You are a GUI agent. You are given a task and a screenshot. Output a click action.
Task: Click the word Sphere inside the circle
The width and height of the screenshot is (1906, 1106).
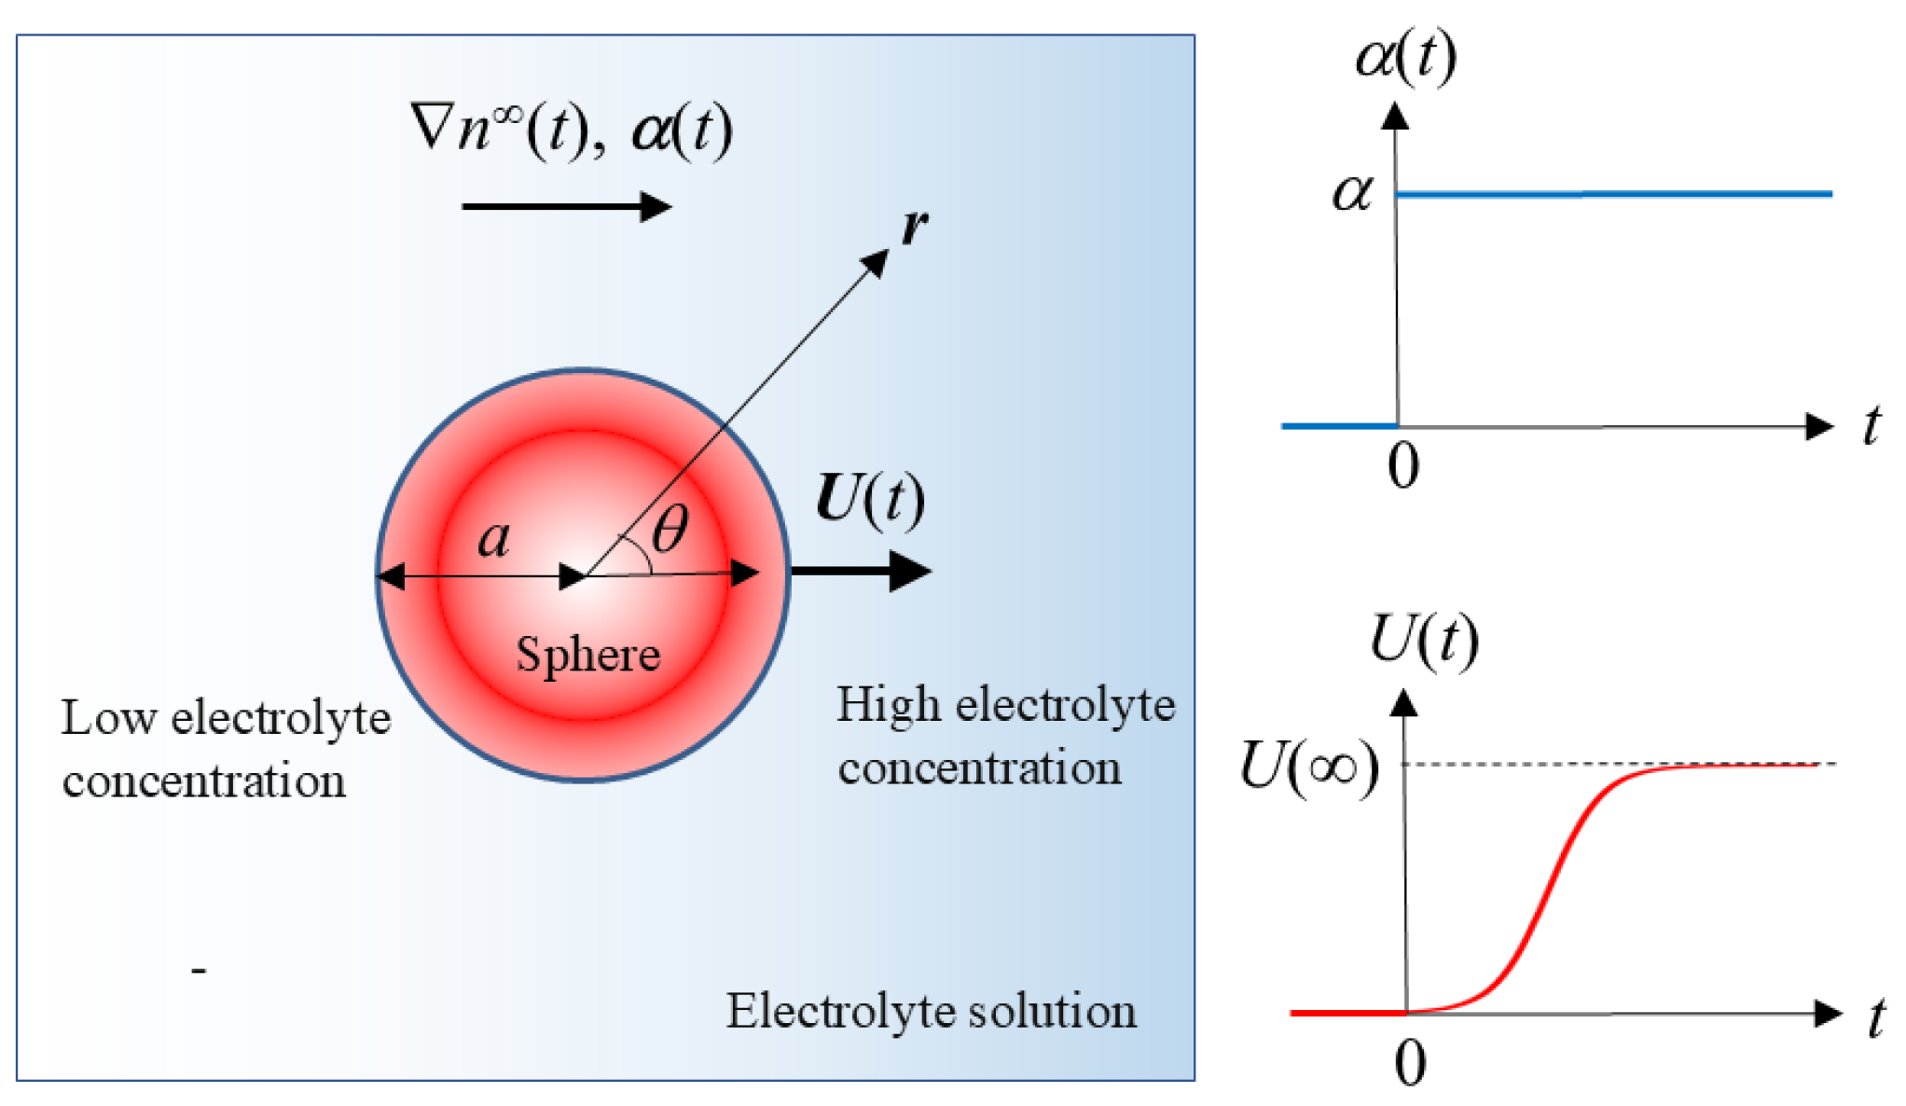tap(588, 654)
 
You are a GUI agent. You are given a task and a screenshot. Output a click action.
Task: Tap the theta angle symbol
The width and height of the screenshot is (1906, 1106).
tap(670, 529)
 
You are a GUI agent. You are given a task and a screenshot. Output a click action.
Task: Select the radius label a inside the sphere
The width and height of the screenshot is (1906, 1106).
tap(494, 539)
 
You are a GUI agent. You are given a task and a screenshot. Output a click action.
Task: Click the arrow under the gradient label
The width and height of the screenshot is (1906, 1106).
tap(566, 206)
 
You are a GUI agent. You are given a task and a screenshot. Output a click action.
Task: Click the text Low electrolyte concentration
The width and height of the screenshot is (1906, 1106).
tap(226, 749)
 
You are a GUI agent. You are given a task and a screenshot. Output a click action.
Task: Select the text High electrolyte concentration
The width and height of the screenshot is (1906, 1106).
tap(1005, 736)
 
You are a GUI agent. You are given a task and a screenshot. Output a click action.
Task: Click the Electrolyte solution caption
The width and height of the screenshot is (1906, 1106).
tap(932, 1011)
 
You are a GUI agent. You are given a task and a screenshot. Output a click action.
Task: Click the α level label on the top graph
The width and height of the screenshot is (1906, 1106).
tap(1352, 194)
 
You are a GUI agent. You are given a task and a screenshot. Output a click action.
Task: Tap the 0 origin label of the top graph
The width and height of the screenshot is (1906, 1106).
tap(1403, 465)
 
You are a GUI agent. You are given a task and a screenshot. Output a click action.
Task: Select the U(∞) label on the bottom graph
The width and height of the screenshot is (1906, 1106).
tap(1309, 767)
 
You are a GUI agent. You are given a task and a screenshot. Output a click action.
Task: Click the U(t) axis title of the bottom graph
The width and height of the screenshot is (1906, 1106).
tap(1424, 640)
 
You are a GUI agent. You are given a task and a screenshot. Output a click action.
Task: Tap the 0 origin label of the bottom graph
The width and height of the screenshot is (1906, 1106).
tap(1410, 1062)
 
